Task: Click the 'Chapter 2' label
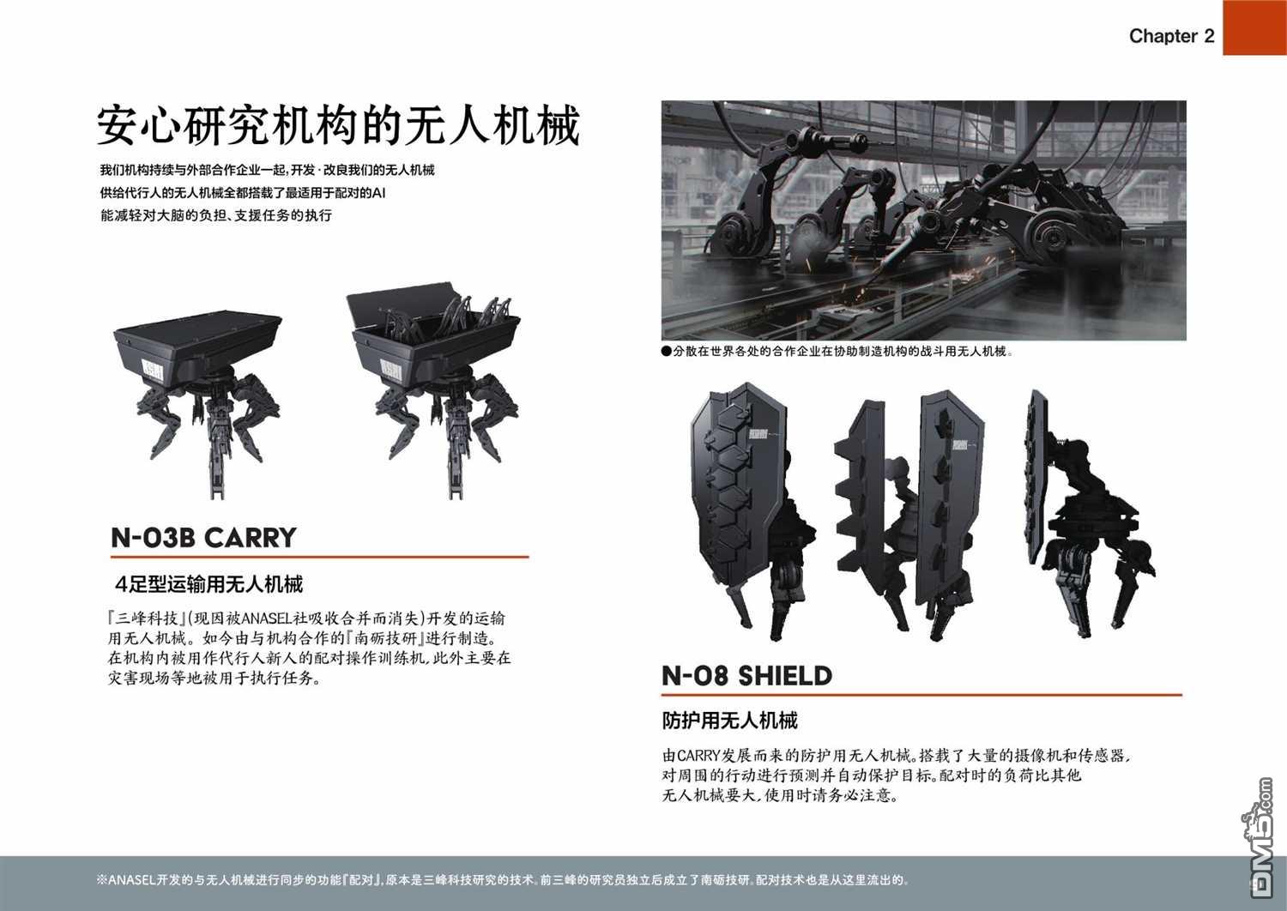click(1171, 36)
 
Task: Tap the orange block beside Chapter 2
click(1254, 27)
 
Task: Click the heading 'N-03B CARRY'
click(203, 538)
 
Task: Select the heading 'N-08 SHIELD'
click(747, 675)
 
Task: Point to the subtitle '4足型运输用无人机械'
click(208, 585)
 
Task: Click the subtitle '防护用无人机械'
click(729, 721)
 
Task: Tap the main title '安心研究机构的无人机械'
click(338, 125)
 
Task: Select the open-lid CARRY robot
click(434, 397)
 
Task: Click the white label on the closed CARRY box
click(152, 371)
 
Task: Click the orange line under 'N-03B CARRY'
click(319, 557)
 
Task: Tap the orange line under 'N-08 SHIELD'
click(921, 695)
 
